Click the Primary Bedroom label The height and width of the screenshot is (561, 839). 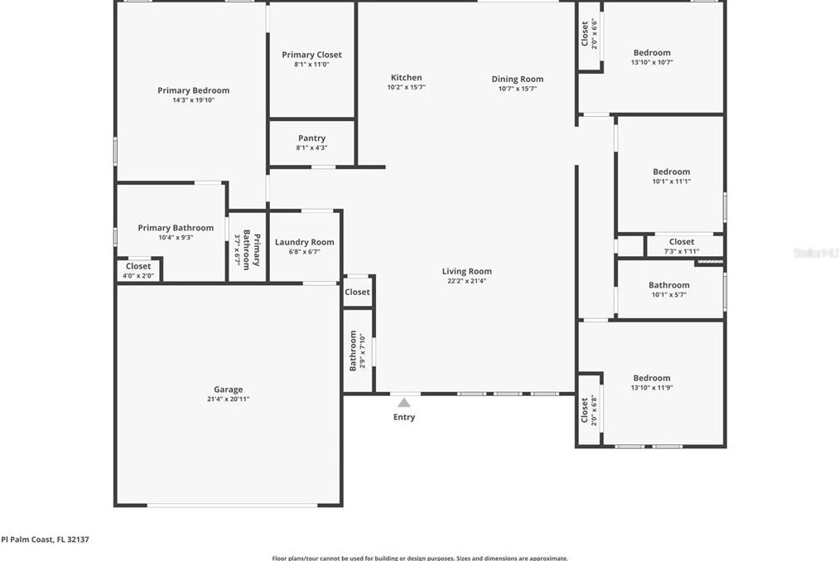(x=194, y=91)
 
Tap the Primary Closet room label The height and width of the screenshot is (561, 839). (x=311, y=55)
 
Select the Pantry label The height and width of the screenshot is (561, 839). (x=311, y=138)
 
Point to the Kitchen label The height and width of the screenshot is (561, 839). (x=406, y=78)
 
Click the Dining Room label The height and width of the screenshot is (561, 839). (x=518, y=80)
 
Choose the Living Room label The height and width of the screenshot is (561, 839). (x=467, y=271)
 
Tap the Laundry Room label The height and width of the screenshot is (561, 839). (x=305, y=243)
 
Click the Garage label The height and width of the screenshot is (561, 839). (x=229, y=389)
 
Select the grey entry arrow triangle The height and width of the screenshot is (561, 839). (x=404, y=402)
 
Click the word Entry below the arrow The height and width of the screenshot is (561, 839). (x=404, y=418)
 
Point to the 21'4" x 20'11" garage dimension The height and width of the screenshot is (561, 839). (x=229, y=399)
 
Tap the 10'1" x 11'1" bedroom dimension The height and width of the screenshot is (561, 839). (x=671, y=181)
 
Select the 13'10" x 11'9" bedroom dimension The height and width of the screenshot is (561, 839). (x=652, y=388)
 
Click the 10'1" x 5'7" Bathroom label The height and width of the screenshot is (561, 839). (x=669, y=286)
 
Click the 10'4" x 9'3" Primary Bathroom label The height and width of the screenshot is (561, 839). (x=176, y=228)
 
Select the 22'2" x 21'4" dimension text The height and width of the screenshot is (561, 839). (x=467, y=281)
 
